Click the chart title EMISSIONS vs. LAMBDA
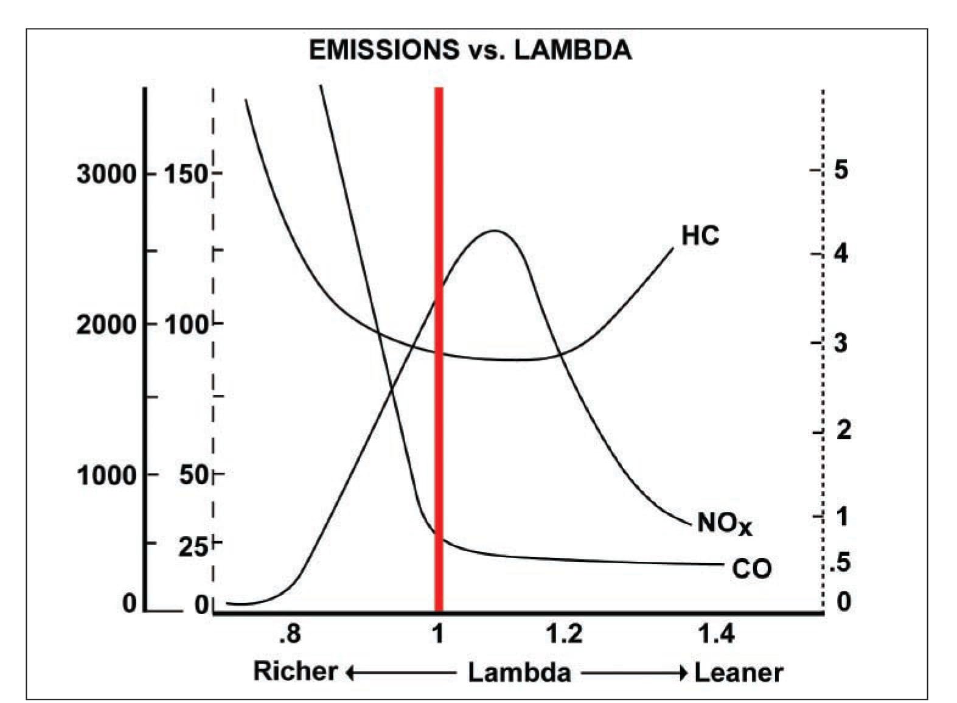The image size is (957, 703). pyautogui.click(x=470, y=50)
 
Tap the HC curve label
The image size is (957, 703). pyautogui.click(x=700, y=236)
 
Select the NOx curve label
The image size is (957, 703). pyautogui.click(x=724, y=523)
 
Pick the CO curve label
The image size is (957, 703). pyautogui.click(x=751, y=569)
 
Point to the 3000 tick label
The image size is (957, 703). pyautogui.click(x=106, y=174)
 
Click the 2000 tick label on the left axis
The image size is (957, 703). pyautogui.click(x=106, y=324)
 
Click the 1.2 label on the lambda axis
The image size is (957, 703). pyautogui.click(x=564, y=635)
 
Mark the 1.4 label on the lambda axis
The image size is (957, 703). pyautogui.click(x=716, y=635)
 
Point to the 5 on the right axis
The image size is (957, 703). pyautogui.click(x=841, y=170)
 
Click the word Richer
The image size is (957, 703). pyautogui.click(x=295, y=672)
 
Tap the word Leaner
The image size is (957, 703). pyautogui.click(x=739, y=673)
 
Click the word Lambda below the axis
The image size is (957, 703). pyautogui.click(x=519, y=673)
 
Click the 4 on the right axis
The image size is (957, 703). pyautogui.click(x=841, y=253)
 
